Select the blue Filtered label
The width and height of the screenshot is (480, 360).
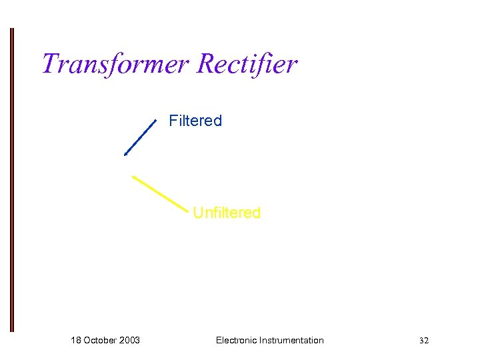coord(195,121)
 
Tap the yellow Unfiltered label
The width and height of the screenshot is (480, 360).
coord(227,213)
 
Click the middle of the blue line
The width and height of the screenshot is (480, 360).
coord(140,137)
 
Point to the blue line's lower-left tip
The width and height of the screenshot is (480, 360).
coord(125,154)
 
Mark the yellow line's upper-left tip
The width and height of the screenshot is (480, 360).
coord(133,177)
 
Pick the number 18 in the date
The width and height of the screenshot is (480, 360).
coord(76,340)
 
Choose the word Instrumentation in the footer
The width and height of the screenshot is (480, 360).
coord(293,340)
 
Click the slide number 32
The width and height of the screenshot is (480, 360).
coord(424,341)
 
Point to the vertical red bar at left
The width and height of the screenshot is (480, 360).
coord(11,180)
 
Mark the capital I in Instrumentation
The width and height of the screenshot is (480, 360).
coord(263,340)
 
